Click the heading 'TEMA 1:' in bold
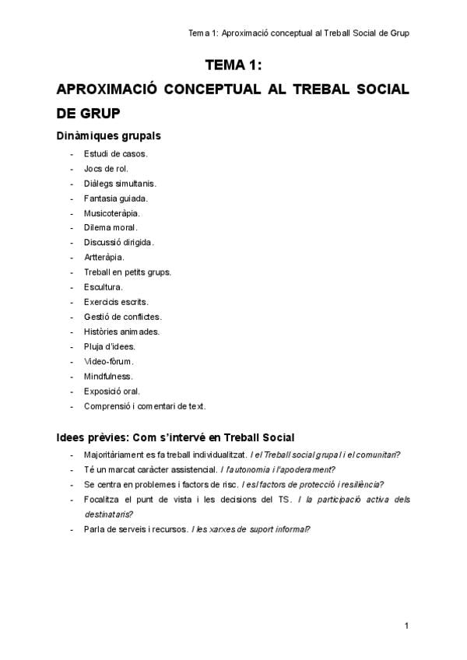(x=233, y=65)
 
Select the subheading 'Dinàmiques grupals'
(x=108, y=135)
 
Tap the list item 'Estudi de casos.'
(x=116, y=154)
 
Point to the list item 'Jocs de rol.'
(x=107, y=169)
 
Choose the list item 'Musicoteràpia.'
(x=112, y=213)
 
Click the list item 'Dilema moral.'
(x=111, y=228)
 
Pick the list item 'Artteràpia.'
(x=104, y=258)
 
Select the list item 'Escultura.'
(x=104, y=287)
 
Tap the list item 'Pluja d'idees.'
(x=110, y=346)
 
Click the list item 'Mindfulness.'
(x=108, y=376)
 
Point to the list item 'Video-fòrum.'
(x=109, y=361)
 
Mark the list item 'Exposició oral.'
(x=112, y=391)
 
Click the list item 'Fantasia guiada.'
(x=115, y=198)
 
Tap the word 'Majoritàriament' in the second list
(x=112, y=455)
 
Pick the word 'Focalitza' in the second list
(x=101, y=499)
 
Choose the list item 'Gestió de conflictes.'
(x=123, y=317)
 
